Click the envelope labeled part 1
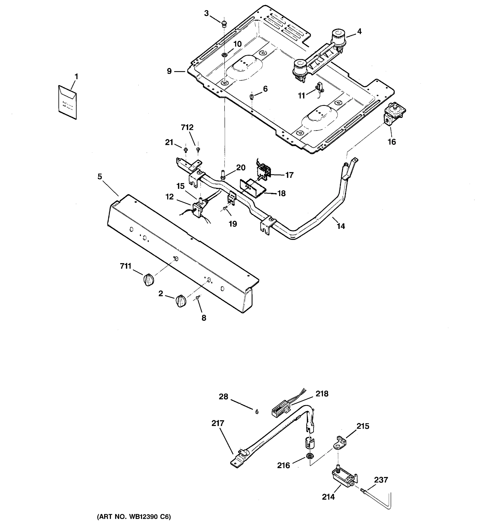click(67, 102)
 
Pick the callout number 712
click(187, 127)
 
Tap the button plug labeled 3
click(224, 24)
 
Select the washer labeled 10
click(224, 55)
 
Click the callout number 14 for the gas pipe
click(341, 226)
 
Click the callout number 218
click(322, 393)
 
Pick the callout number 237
click(381, 480)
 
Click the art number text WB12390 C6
click(134, 517)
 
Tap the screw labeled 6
click(252, 97)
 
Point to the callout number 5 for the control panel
click(100, 177)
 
